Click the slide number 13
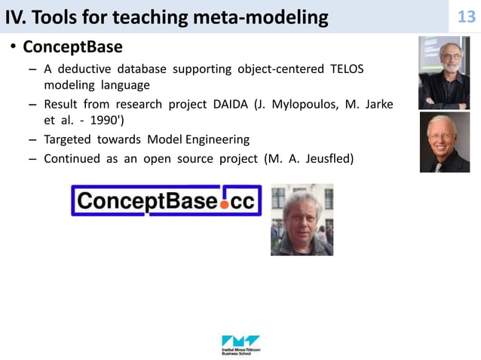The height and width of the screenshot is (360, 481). click(x=467, y=17)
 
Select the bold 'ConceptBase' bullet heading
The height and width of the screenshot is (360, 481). click(x=72, y=48)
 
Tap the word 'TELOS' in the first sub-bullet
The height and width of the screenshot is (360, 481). click(x=347, y=69)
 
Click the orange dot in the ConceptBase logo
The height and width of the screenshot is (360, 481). click(x=225, y=204)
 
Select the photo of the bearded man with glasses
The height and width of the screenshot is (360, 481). click(x=444, y=74)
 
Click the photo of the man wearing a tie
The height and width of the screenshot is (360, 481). click(x=444, y=142)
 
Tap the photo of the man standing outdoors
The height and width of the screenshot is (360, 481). click(x=302, y=219)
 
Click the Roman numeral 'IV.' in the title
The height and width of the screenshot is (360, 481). click(x=16, y=17)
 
